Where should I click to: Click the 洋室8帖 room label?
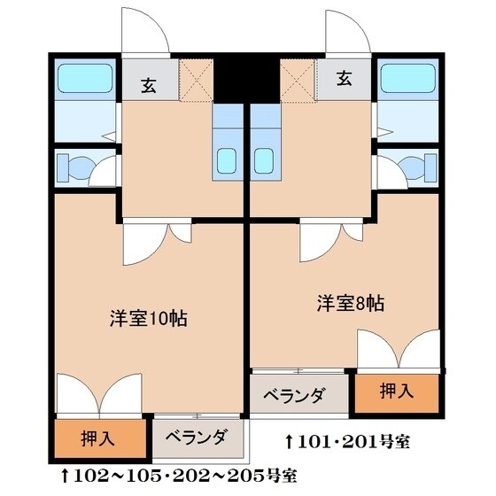click(351, 303)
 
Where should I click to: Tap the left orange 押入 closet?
click(98, 437)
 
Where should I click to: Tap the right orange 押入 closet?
click(395, 391)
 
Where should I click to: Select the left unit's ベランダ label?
click(197, 436)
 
